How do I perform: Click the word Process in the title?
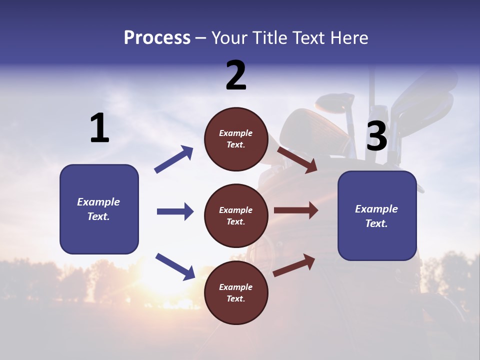157,38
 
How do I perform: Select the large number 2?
236,75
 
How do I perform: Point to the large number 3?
376,136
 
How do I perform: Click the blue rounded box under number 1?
99,209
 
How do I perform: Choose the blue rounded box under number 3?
377,216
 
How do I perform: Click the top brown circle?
236,139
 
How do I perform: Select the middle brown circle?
236,216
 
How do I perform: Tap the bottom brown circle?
236,293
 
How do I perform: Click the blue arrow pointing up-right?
174,159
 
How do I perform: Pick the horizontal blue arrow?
175,211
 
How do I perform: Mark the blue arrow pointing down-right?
175,266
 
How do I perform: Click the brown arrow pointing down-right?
297,159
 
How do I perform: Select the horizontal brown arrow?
296,210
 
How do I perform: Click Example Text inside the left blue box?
98,209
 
